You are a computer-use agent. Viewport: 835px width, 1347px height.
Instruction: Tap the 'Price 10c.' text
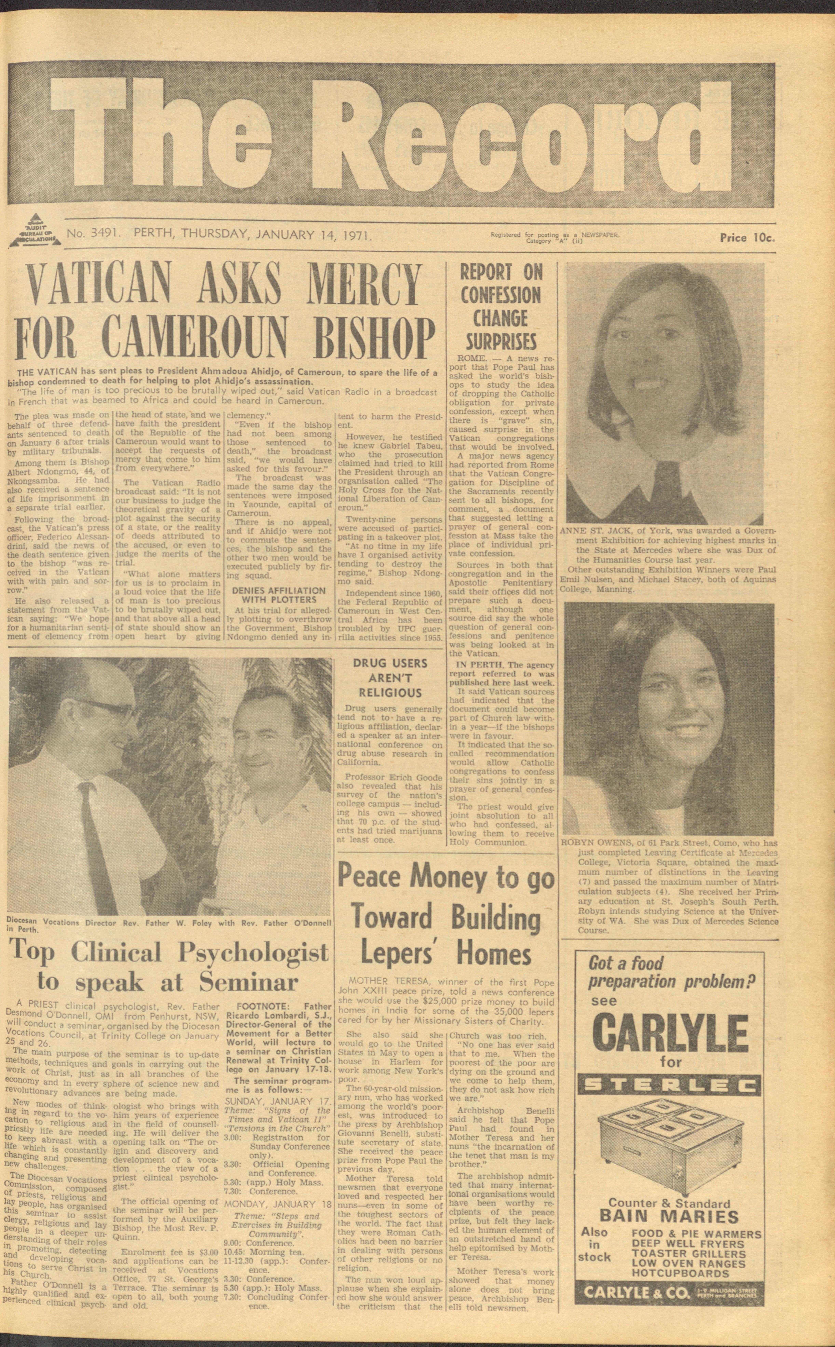(x=747, y=238)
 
